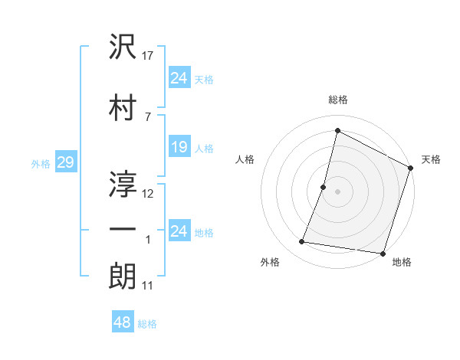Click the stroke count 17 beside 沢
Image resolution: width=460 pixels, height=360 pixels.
coord(149,55)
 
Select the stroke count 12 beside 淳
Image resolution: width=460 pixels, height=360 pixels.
coord(149,193)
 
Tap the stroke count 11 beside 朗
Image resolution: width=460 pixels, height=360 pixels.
coord(149,286)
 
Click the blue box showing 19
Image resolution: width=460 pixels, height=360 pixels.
coord(179,147)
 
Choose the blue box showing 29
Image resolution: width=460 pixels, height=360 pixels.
coord(65,162)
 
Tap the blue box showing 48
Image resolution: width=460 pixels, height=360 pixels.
coord(123,323)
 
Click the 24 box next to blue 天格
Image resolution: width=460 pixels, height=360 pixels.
coord(179,78)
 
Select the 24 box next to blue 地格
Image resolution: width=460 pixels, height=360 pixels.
coord(179,231)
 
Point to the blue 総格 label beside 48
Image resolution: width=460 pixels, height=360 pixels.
coord(147,324)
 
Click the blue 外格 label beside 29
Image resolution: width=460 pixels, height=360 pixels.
coord(40,163)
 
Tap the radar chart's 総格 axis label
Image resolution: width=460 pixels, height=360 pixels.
coord(337,100)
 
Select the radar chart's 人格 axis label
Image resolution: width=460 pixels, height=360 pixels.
coord(245,159)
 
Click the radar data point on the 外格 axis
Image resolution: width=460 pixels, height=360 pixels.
coord(302,242)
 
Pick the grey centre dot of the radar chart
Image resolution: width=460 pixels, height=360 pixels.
coord(337,191)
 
